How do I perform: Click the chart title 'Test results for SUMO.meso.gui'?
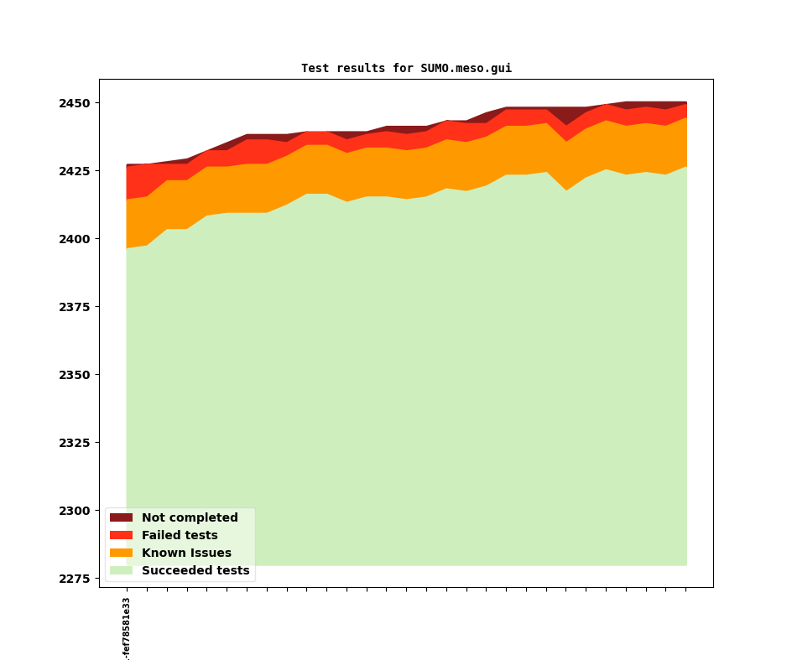pyautogui.click(x=406, y=69)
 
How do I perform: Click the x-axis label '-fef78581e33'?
pyautogui.click(x=127, y=628)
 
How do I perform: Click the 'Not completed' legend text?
pyautogui.click(x=190, y=518)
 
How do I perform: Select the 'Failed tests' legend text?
pyautogui.click(x=180, y=536)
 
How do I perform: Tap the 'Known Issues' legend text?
pyautogui.click(x=186, y=553)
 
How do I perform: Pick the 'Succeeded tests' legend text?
pyautogui.click(x=195, y=571)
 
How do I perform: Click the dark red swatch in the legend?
pyautogui.click(x=121, y=518)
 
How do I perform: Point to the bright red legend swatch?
pyautogui.click(x=121, y=536)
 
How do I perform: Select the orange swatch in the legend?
pyautogui.click(x=121, y=553)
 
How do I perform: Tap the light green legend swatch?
pyautogui.click(x=121, y=571)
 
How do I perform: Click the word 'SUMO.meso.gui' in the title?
pyautogui.click(x=466, y=69)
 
